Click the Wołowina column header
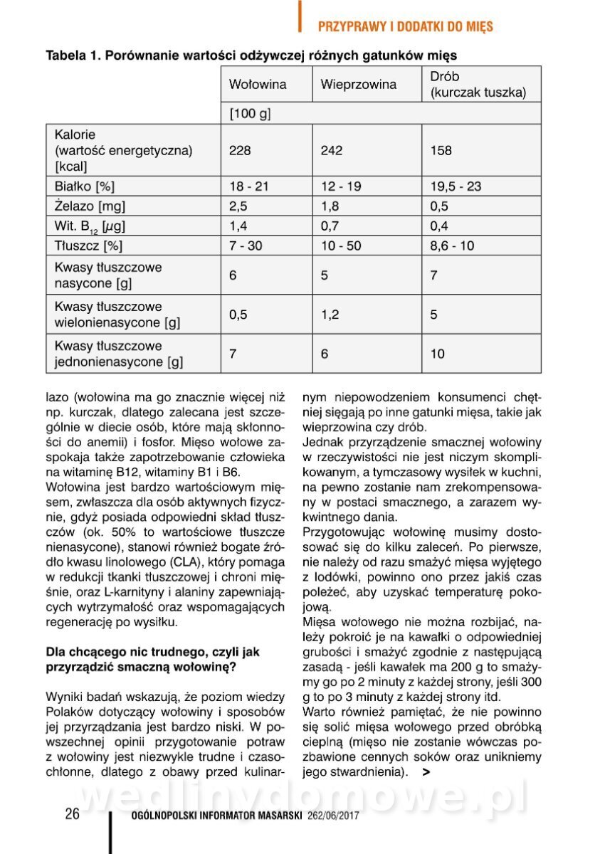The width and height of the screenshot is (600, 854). pyautogui.click(x=258, y=85)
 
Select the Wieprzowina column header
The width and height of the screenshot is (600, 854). pyautogui.click(x=358, y=85)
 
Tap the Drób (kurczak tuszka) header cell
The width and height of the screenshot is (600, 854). pyautogui.click(x=478, y=85)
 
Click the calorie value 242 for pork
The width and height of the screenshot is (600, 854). pyautogui.click(x=331, y=150)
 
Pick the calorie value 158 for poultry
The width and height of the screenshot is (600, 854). pyautogui.click(x=441, y=150)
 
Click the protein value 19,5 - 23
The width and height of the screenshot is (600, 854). pyautogui.click(x=456, y=187)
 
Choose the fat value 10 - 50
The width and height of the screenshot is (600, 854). pyautogui.click(x=340, y=246)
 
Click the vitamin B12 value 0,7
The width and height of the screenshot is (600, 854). pyautogui.click(x=328, y=226)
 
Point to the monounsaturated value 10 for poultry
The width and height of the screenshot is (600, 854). pyautogui.click(x=437, y=354)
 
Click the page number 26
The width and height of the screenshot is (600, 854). pyautogui.click(x=72, y=815)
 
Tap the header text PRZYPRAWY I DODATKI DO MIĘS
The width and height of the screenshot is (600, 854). pyautogui.click(x=405, y=27)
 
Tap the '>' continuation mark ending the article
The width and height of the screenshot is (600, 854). pyautogui.click(x=425, y=771)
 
